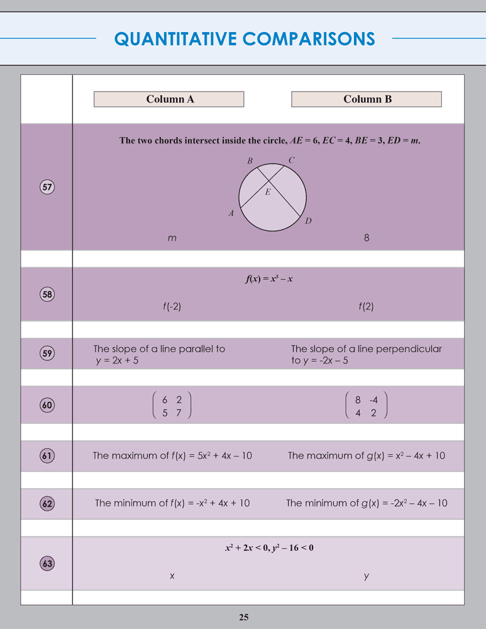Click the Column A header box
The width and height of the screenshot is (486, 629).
(x=168, y=99)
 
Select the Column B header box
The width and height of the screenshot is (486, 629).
(x=367, y=99)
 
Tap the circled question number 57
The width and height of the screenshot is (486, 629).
(x=47, y=187)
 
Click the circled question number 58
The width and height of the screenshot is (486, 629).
(x=47, y=294)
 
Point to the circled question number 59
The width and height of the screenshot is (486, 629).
(x=47, y=353)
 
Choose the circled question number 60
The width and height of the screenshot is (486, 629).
(x=47, y=406)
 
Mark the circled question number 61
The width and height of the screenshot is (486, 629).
(x=47, y=456)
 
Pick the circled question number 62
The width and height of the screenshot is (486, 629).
(x=47, y=503)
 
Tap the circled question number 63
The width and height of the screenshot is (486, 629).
(x=47, y=564)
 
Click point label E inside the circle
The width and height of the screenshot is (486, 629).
(x=268, y=192)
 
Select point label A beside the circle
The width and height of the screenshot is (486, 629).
(x=231, y=214)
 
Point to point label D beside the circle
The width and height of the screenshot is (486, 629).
(x=308, y=221)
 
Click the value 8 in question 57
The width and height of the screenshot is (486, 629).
(x=366, y=238)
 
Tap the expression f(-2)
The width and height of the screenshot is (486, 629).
(x=172, y=307)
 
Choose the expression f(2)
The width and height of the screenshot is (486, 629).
(x=366, y=307)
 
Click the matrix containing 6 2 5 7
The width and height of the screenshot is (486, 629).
(x=172, y=406)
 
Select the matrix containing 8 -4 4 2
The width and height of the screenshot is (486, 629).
(x=366, y=406)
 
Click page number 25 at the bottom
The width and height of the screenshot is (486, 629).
(x=244, y=617)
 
